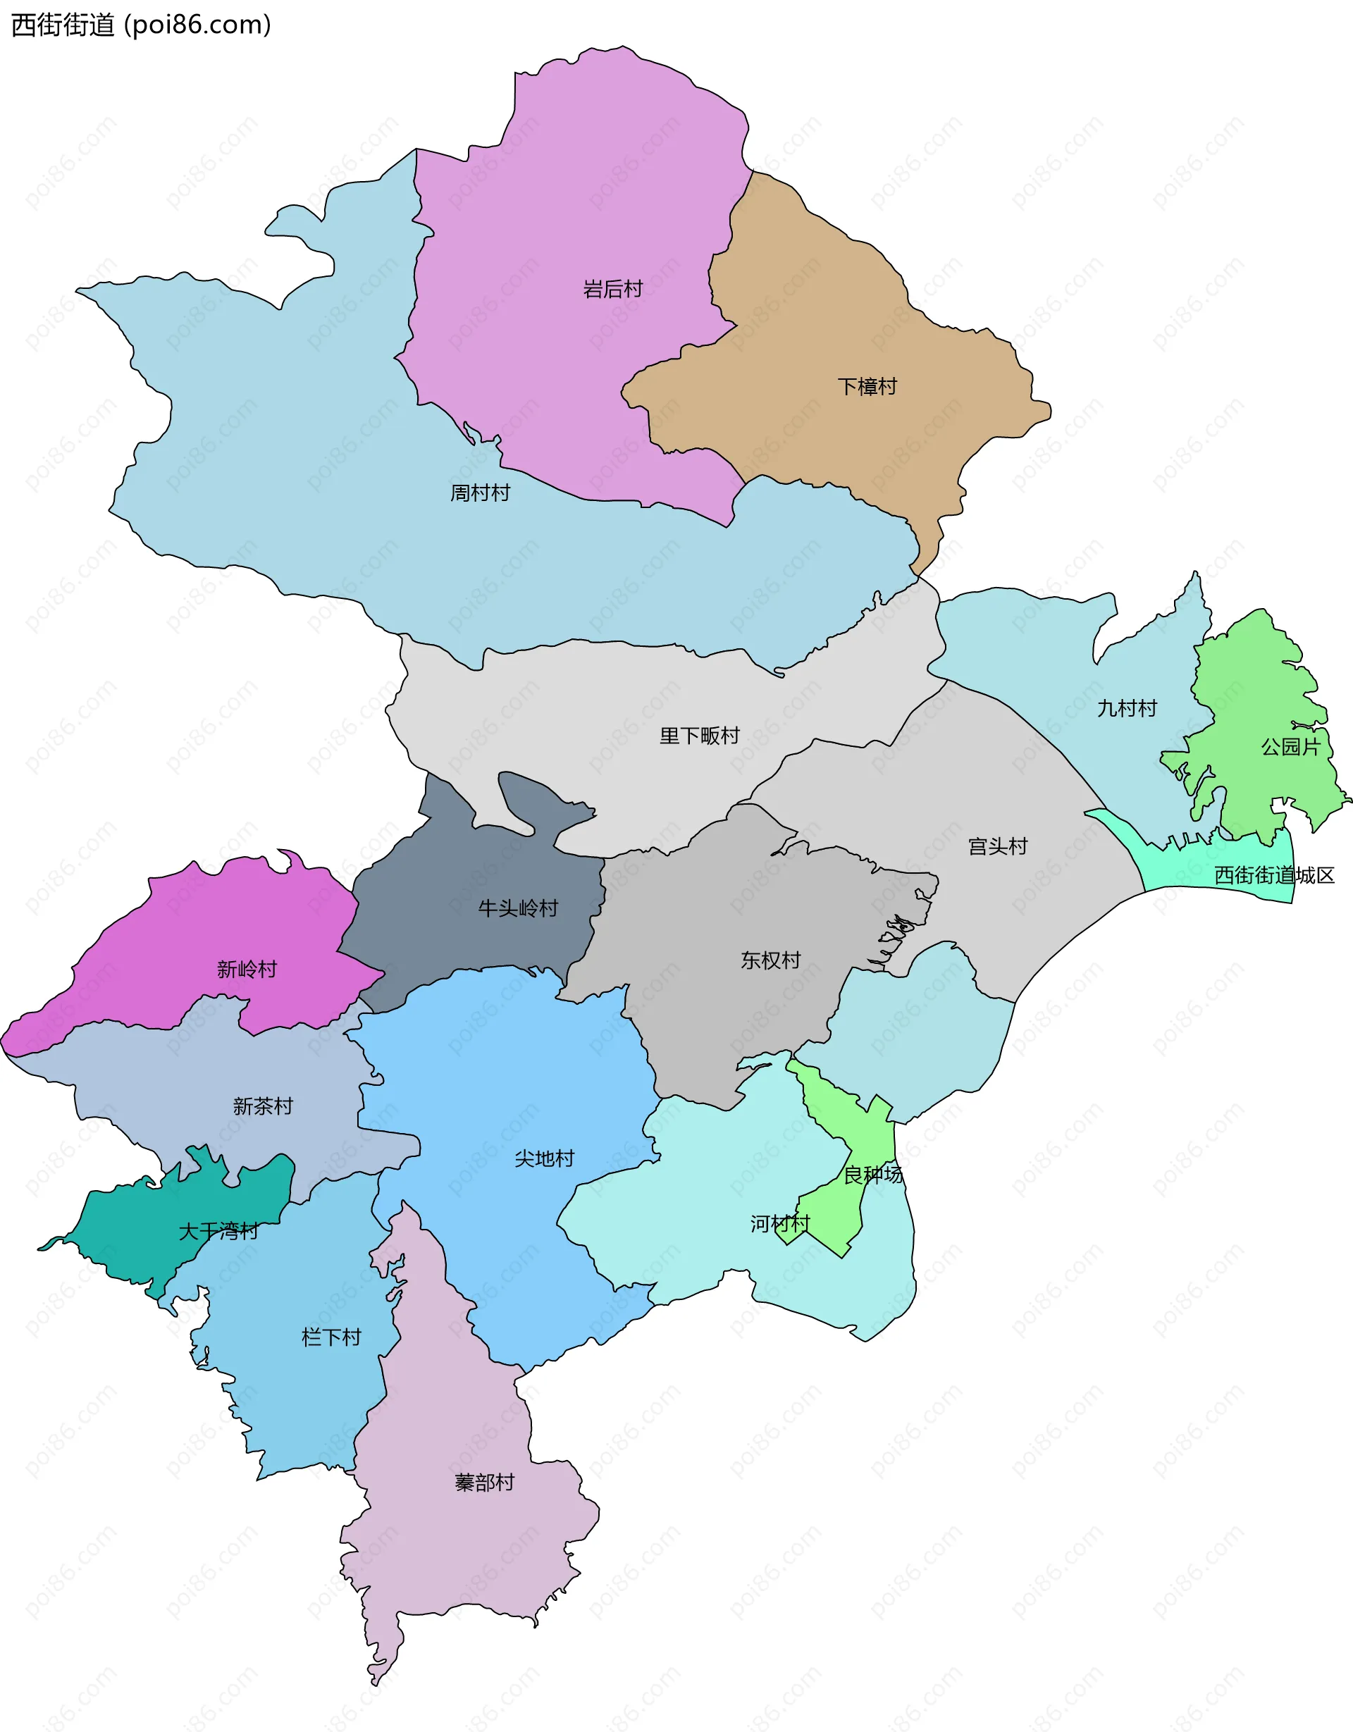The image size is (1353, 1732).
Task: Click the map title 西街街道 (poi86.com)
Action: click(x=141, y=25)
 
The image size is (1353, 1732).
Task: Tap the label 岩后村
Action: click(x=612, y=289)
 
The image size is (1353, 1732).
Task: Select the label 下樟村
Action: click(x=867, y=386)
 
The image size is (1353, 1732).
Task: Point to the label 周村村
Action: click(x=480, y=493)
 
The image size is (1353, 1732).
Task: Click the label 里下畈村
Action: click(x=699, y=735)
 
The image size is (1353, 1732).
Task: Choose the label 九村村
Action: click(x=1126, y=707)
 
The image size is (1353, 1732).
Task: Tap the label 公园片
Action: click(x=1290, y=746)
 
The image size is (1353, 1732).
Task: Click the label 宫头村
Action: click(x=997, y=846)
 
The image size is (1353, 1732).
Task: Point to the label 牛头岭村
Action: click(x=518, y=908)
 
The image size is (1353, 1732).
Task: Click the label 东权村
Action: click(x=770, y=960)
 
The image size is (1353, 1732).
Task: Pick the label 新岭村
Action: click(x=247, y=968)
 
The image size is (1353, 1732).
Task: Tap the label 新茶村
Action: click(x=263, y=1106)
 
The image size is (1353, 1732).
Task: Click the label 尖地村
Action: click(x=544, y=1158)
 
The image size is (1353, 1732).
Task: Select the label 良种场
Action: click(x=872, y=1174)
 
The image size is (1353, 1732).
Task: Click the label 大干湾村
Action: click(x=218, y=1231)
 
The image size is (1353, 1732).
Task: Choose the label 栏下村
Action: click(x=330, y=1337)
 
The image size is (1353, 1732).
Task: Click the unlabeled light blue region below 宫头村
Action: click(x=920, y=1031)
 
